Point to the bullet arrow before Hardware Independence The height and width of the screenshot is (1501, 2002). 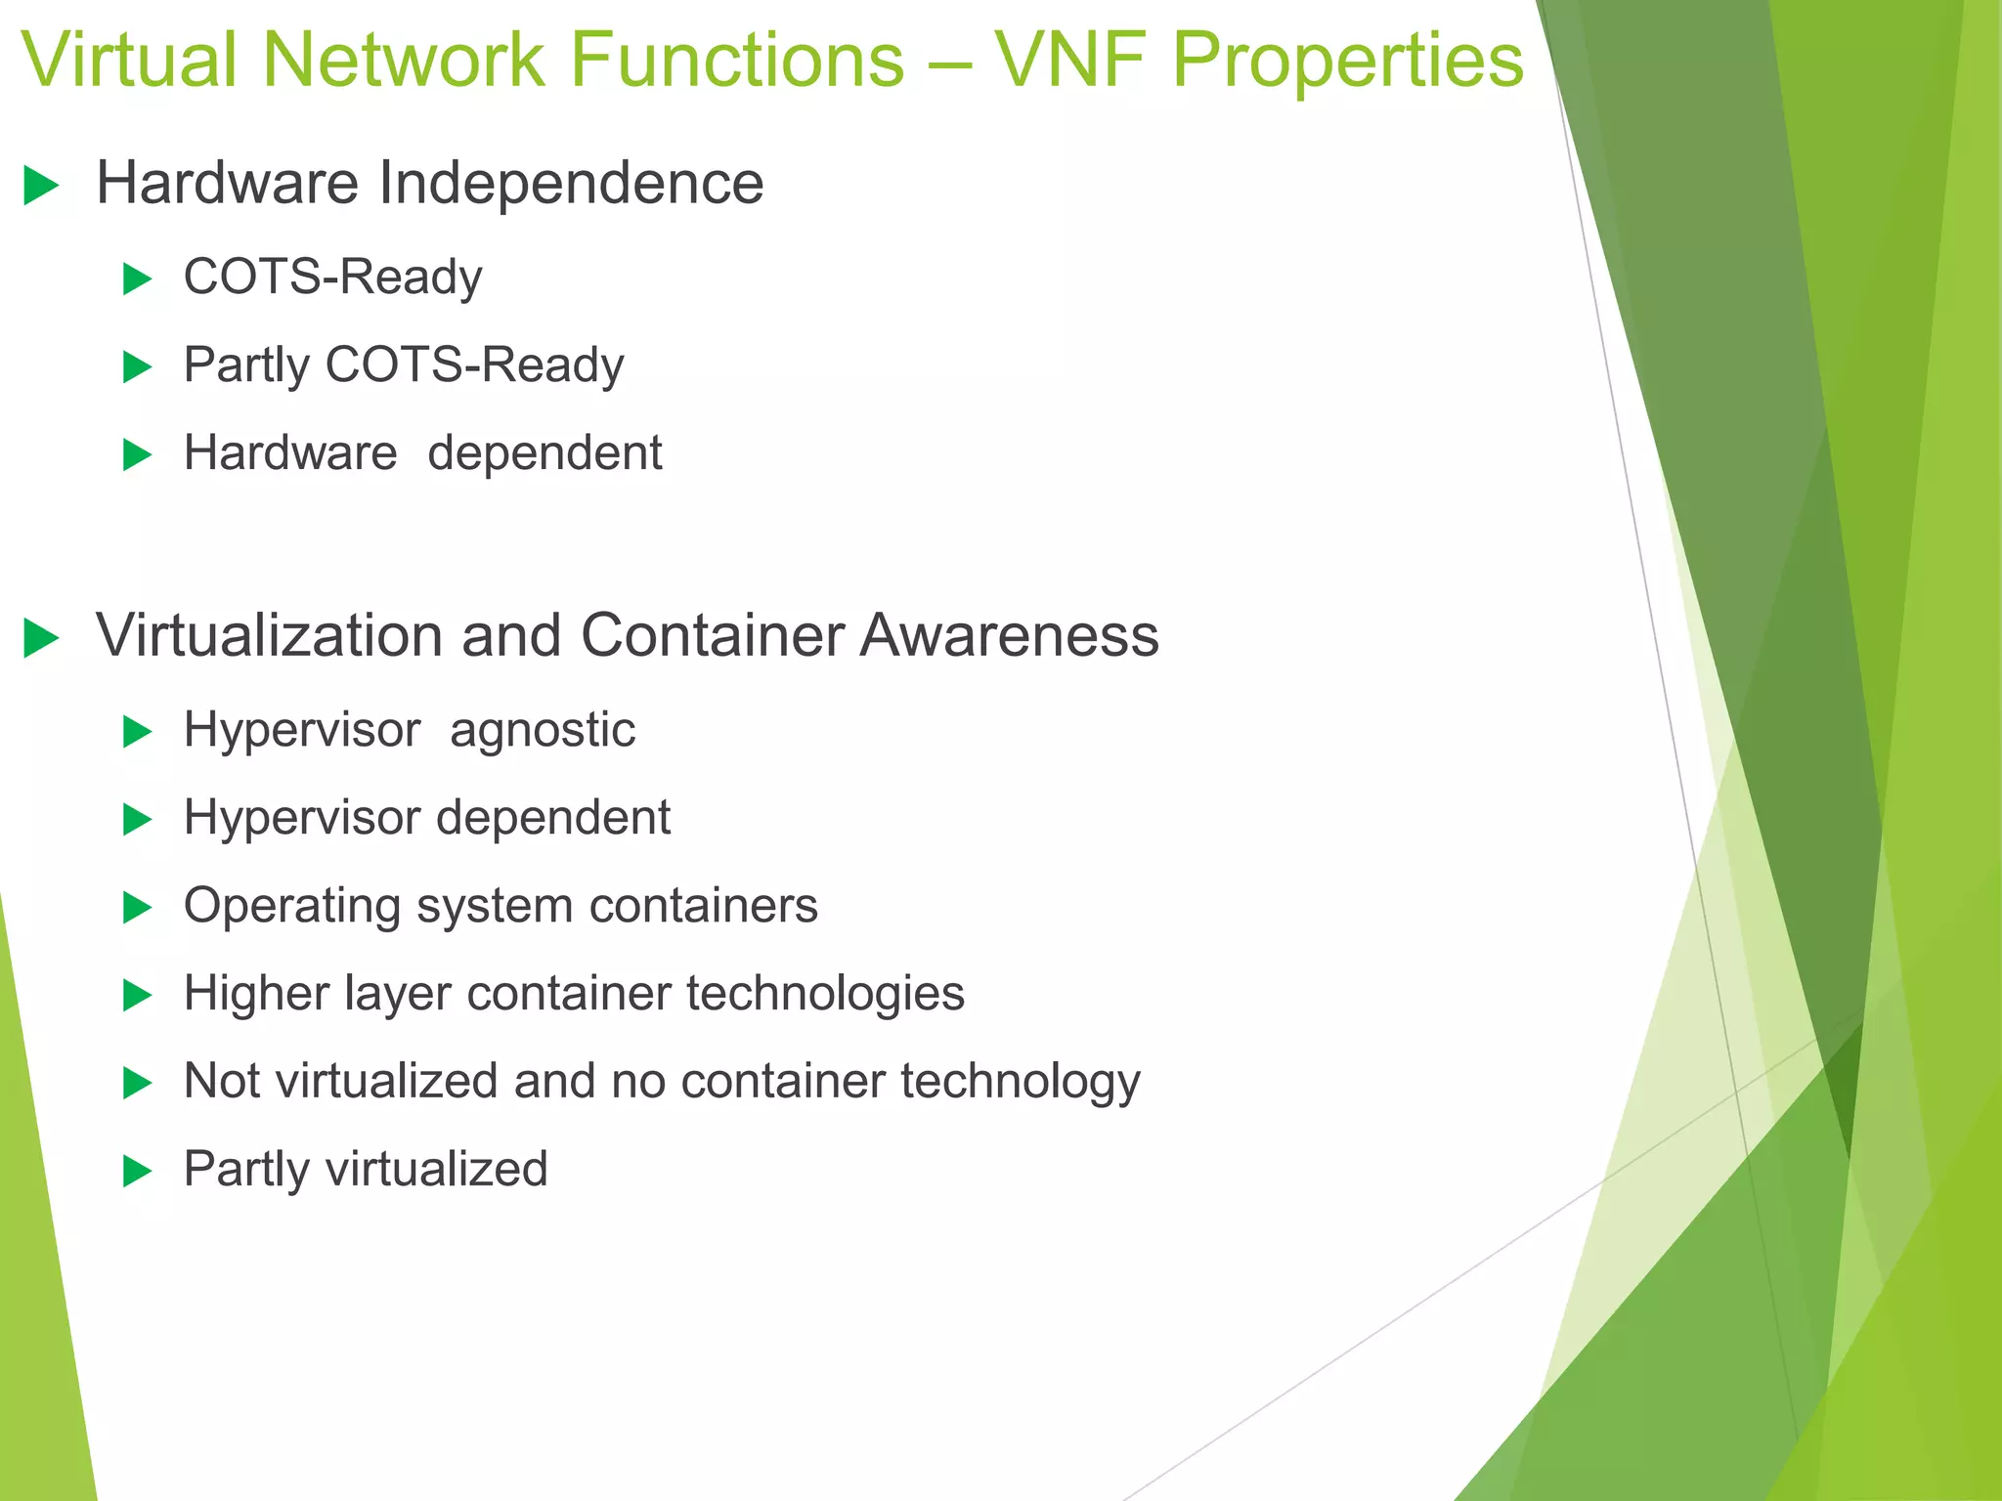(x=41, y=186)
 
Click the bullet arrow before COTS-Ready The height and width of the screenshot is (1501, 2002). (x=138, y=279)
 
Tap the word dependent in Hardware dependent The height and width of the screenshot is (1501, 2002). (x=544, y=453)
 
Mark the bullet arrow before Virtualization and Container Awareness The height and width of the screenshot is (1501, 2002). (x=41, y=639)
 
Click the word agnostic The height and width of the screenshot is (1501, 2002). (x=543, y=731)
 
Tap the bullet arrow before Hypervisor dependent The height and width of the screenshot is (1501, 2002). (x=138, y=820)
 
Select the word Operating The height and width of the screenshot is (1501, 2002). (x=292, y=907)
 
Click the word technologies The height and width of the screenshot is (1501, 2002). (x=825, y=994)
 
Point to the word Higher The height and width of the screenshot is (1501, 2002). (x=255, y=994)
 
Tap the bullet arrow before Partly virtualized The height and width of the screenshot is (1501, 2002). (x=138, y=1171)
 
